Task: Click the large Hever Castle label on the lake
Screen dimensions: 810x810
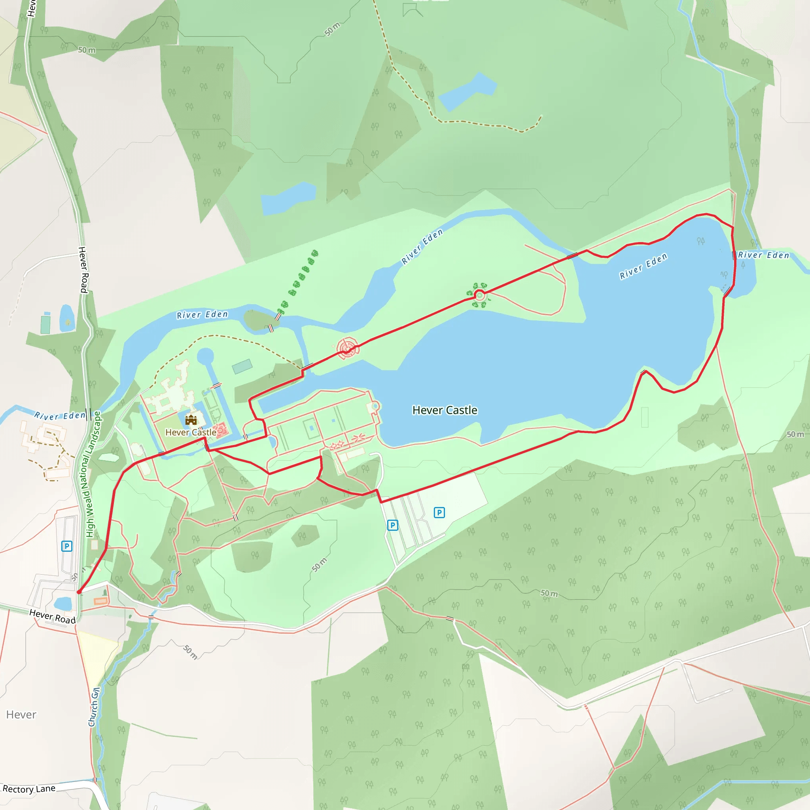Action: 445,410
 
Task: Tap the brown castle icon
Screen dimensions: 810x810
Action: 191,420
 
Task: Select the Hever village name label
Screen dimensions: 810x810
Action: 21,714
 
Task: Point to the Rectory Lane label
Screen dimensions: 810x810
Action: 29,789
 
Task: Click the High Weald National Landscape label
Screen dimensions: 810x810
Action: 93,474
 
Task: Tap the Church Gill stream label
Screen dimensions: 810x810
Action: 94,706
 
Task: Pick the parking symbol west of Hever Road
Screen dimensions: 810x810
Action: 67,546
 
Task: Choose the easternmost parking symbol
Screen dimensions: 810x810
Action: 439,512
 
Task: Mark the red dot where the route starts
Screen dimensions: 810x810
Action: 79,592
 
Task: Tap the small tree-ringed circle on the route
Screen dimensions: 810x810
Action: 479,295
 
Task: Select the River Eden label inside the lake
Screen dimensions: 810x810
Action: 643,266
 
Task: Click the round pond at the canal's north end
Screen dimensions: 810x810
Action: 205,356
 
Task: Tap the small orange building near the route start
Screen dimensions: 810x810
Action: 100,601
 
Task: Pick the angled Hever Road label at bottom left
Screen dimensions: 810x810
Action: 53,616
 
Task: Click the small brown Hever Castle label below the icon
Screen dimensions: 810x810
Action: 191,432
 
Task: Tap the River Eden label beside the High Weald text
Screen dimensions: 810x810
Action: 60,416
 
